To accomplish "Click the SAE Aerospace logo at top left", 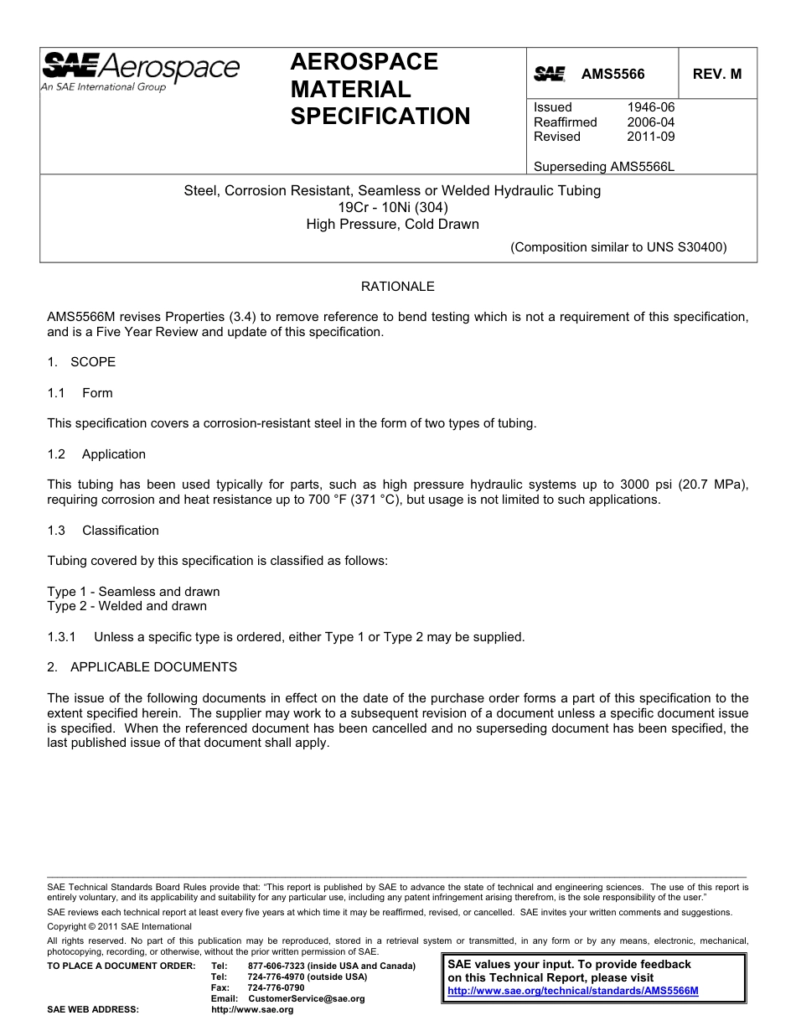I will (x=141, y=70).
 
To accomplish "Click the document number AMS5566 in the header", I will (x=613, y=74).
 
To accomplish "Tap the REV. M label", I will (x=716, y=74).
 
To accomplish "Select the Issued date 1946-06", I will (x=650, y=107).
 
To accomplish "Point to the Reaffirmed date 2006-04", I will (x=650, y=122).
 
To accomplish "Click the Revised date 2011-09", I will (x=650, y=137).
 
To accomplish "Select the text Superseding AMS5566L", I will (x=603, y=166).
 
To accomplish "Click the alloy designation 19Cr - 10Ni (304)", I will (x=392, y=207).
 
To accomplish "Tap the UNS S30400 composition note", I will (x=618, y=247).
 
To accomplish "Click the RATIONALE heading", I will (x=397, y=287).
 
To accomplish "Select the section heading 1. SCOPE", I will (x=81, y=362).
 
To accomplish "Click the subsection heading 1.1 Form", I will (x=80, y=393).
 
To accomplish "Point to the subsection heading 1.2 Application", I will (x=96, y=454).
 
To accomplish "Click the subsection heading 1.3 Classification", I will (x=103, y=531).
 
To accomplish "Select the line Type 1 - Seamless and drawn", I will (x=133, y=592).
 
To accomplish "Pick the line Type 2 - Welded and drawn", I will (x=127, y=606).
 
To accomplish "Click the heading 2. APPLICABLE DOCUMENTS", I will (x=142, y=667).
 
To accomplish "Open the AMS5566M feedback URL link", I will (x=573, y=991).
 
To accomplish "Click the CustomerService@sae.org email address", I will (x=307, y=999).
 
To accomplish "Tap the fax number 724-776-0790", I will (x=277, y=988).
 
